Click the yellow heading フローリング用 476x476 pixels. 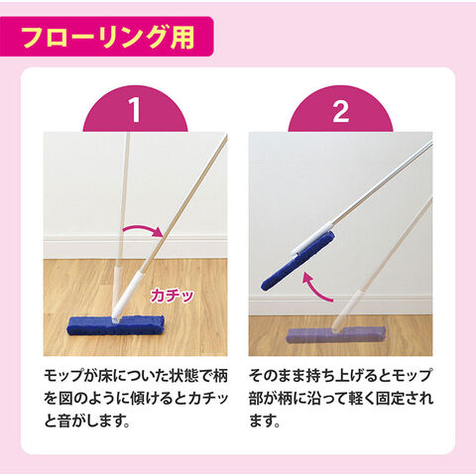pyautogui.click(x=108, y=37)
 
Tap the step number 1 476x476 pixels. pyautogui.click(x=135, y=111)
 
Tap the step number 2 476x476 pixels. pyautogui.click(x=340, y=111)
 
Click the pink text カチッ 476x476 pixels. pyautogui.click(x=172, y=296)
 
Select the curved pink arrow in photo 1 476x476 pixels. pyautogui.click(x=142, y=228)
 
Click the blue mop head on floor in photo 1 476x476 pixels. pyautogui.click(x=116, y=325)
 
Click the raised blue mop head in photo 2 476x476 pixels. pyautogui.click(x=297, y=261)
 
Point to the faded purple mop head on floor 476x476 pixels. pyautogui.click(x=336, y=335)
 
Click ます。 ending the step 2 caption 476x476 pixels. pyautogui.click(x=265, y=421)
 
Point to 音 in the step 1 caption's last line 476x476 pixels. pyautogui.click(x=65, y=422)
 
